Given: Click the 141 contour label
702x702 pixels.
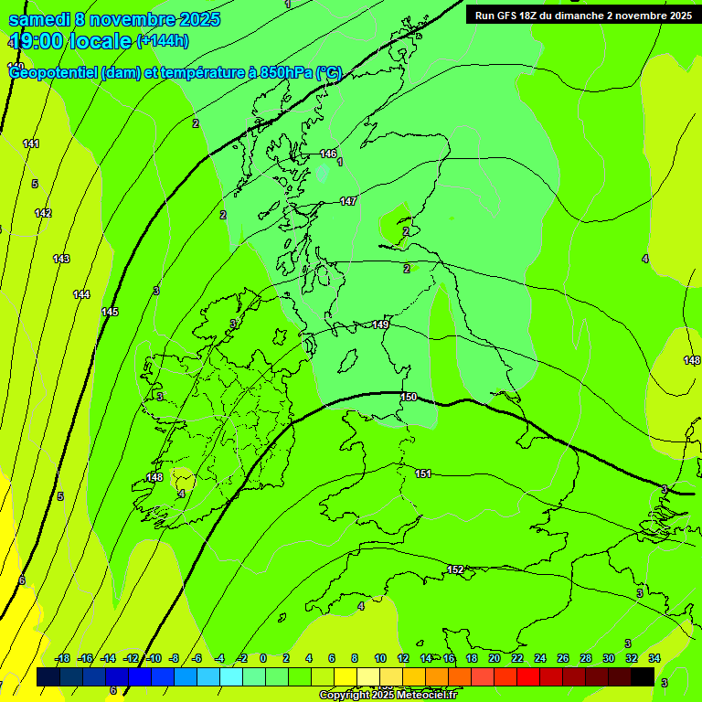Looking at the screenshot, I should pos(31,144).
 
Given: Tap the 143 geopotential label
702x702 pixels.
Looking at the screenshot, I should pos(61,259).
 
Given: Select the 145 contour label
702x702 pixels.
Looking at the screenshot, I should pos(110,312).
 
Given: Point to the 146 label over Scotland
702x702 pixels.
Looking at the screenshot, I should pos(328,154).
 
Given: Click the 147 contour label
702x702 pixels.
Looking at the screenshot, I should pos(348,201).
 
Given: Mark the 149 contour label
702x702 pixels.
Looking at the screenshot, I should pos(381,324).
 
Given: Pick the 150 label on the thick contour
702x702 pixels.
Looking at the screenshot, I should pos(409,397).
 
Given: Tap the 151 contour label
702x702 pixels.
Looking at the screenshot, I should pos(423,473).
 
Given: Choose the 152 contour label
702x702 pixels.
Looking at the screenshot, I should pos(455,569).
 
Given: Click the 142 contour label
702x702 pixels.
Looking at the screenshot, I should pos(43,213).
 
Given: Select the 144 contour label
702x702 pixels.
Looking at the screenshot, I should pos(81,294).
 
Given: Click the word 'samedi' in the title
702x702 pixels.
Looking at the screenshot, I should pos(39,19).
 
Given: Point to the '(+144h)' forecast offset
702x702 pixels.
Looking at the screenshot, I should pos(163,41).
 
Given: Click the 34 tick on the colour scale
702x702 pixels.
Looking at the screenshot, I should pos(654,658).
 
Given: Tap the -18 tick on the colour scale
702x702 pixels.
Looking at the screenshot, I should pos(63,658).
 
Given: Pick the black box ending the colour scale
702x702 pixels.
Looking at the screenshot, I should pos(643,676).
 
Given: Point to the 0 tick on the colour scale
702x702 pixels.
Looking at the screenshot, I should pos(263,658).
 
